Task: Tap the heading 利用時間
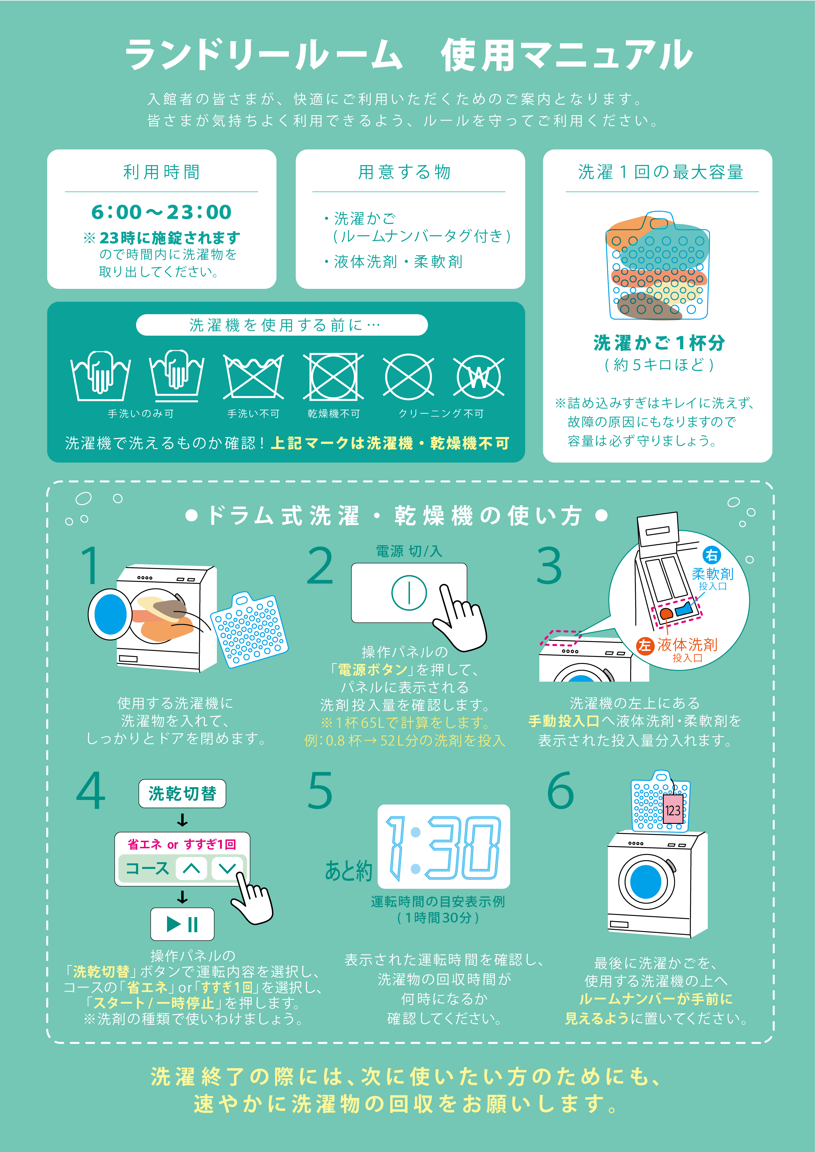[161, 172]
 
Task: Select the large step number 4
[91, 791]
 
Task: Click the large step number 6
[560, 791]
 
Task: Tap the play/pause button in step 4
[182, 924]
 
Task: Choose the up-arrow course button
[191, 868]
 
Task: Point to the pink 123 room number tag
[673, 810]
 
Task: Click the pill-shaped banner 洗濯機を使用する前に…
[282, 325]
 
